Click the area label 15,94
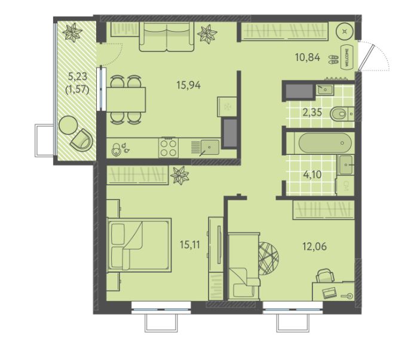coord(189,85)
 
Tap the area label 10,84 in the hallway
coord(308,57)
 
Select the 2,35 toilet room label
coord(312,112)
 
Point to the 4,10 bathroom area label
coord(312,175)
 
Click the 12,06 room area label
coord(314,246)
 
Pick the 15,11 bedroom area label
coord(190,245)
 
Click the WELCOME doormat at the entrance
coord(347,57)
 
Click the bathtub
coord(325,143)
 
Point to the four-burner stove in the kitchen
coord(168,147)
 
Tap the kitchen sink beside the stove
coord(210,147)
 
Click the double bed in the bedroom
coord(139,245)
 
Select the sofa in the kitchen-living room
coord(167,36)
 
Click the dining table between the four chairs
coord(126,99)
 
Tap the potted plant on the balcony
coord(72,32)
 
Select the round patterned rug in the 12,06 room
coord(268,258)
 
